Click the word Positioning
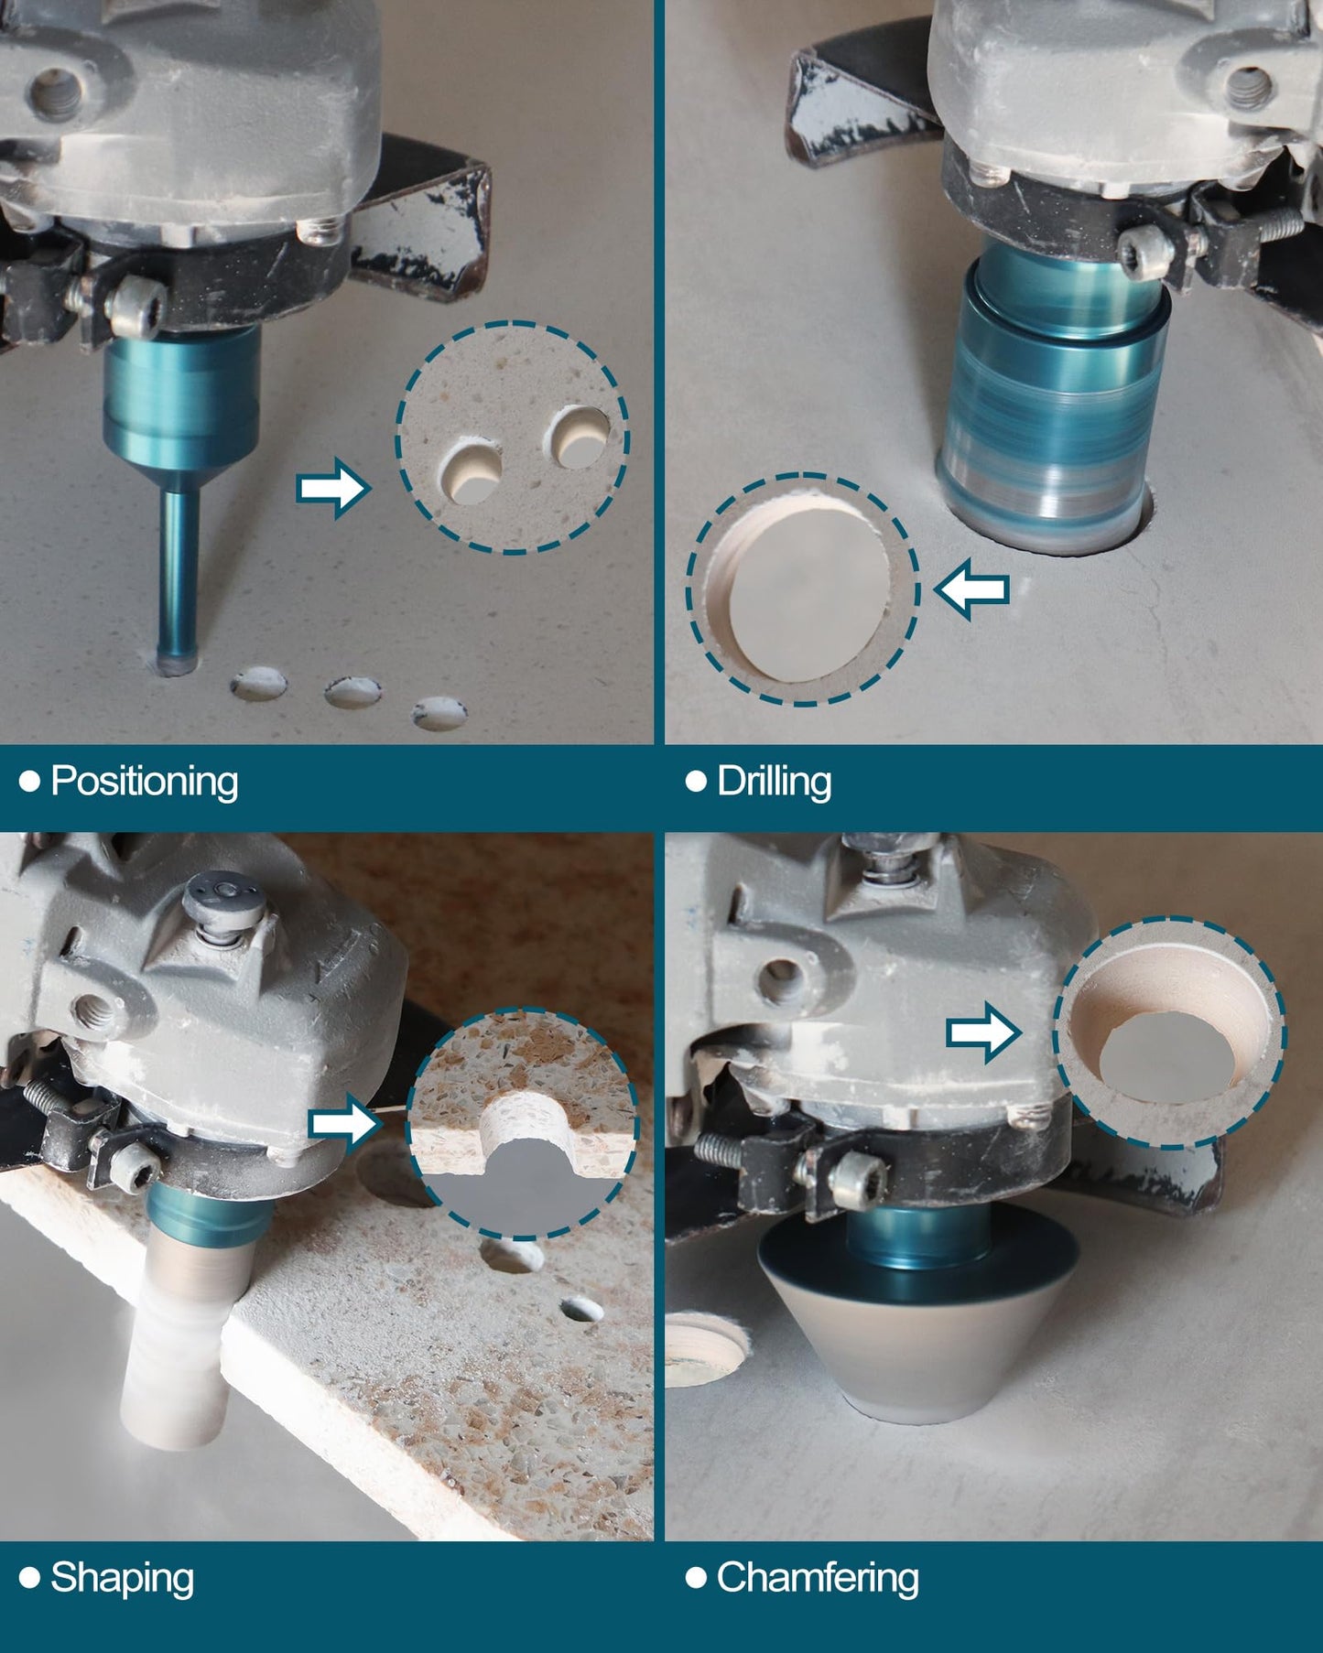point(145,782)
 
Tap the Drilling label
point(774,782)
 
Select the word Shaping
point(122,1578)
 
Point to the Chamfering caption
point(818,1578)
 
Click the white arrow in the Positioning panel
point(333,488)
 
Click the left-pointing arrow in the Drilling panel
point(971,589)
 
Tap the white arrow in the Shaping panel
point(345,1123)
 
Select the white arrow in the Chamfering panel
point(983,1032)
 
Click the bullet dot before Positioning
point(29,781)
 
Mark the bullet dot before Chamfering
point(696,1577)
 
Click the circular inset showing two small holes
point(513,438)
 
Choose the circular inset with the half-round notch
point(522,1124)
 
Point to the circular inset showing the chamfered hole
point(1169,1032)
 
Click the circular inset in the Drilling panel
point(803,589)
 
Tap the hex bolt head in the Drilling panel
point(1147,246)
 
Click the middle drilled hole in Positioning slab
point(353,692)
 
